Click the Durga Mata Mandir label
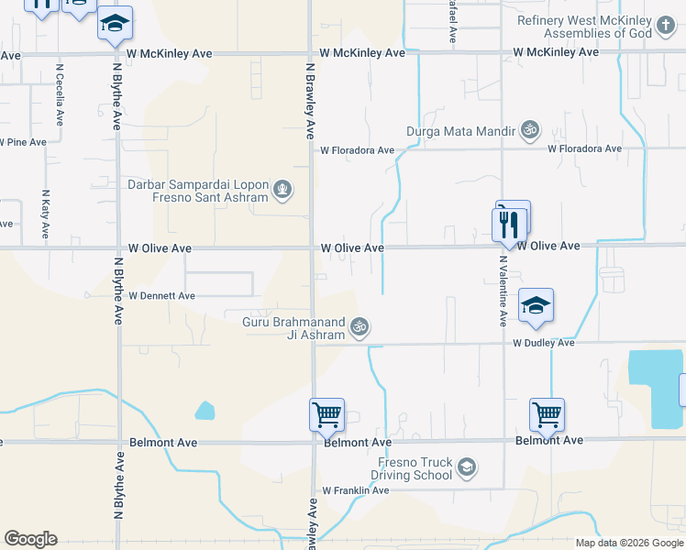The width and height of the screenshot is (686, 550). click(462, 131)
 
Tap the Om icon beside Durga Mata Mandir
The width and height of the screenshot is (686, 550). click(528, 131)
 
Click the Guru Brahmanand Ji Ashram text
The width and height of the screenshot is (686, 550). click(293, 328)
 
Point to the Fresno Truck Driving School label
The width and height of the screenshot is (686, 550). click(412, 468)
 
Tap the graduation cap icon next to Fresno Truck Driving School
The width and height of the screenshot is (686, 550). click(468, 468)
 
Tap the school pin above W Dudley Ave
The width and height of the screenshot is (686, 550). click(536, 306)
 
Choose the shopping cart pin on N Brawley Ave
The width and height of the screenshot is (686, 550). click(326, 415)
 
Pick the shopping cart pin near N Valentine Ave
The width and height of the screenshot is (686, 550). click(547, 415)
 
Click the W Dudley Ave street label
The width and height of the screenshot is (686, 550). click(543, 343)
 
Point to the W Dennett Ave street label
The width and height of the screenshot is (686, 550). click(162, 296)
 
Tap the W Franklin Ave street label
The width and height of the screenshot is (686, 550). click(355, 490)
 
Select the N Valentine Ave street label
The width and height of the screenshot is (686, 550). click(503, 291)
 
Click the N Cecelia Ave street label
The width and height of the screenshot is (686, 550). click(60, 94)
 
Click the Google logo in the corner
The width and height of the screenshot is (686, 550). click(30, 539)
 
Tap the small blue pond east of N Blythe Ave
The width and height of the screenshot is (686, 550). click(205, 411)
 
